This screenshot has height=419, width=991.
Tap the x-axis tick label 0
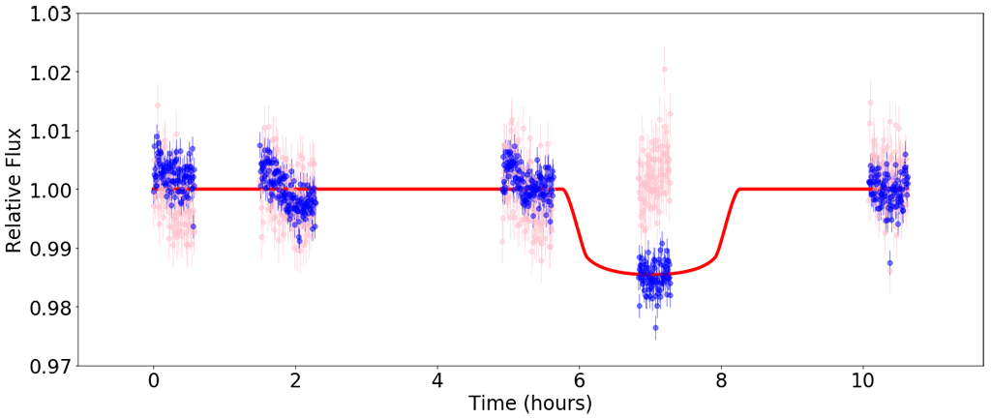point(153,383)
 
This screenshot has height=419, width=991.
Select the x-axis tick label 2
point(295,383)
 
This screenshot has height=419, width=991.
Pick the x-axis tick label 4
point(437,383)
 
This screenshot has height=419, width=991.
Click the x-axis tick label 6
point(579,383)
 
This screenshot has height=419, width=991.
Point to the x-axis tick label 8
point(721,383)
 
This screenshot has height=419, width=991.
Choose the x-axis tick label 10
point(862,383)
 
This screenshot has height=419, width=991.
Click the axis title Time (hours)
point(529,404)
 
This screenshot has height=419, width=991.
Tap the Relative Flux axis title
point(15,190)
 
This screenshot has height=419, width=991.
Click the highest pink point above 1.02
point(664,69)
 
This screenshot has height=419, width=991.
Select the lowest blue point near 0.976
point(655,328)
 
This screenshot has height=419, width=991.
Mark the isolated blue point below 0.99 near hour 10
point(889,262)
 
